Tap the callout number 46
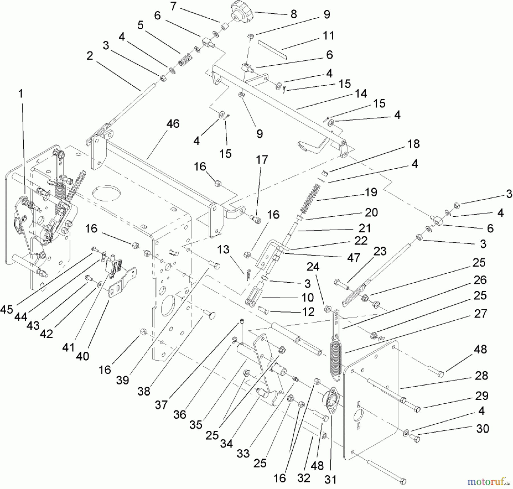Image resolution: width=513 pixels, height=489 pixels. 173,124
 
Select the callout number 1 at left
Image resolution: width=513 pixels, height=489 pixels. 21,94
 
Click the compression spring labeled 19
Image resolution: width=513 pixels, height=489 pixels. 311,199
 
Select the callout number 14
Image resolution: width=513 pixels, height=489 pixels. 361,94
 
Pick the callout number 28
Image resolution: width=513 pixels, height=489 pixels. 481,376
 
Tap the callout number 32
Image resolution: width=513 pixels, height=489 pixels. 304,478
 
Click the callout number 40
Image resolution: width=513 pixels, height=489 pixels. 83,356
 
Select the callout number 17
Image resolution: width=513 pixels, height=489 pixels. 262,160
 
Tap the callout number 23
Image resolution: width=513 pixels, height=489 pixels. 380,251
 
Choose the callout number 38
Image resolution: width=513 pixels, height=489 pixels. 144,391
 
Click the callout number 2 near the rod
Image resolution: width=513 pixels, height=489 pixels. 90,56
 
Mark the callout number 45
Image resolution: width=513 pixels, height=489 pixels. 6,309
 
